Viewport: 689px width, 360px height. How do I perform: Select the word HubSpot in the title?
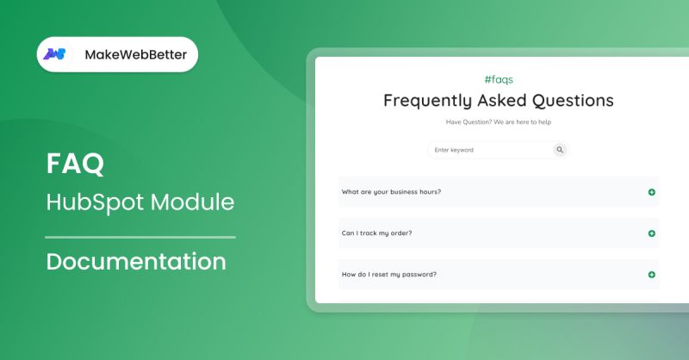[96, 202]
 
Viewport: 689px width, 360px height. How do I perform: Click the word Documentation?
[136, 261]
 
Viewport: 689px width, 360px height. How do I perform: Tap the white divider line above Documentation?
[140, 236]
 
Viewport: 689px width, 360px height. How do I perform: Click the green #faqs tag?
[499, 79]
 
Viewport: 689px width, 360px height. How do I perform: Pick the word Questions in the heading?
[573, 100]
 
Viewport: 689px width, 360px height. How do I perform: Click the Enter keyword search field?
[487, 150]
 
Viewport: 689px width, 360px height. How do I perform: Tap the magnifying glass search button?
[560, 150]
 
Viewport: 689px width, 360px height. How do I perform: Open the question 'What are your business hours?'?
[392, 191]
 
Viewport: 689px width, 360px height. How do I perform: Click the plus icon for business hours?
[652, 192]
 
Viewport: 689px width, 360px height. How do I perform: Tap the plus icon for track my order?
[652, 233]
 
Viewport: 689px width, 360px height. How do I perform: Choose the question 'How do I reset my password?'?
[389, 274]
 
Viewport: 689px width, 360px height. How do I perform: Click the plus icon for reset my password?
[652, 275]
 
